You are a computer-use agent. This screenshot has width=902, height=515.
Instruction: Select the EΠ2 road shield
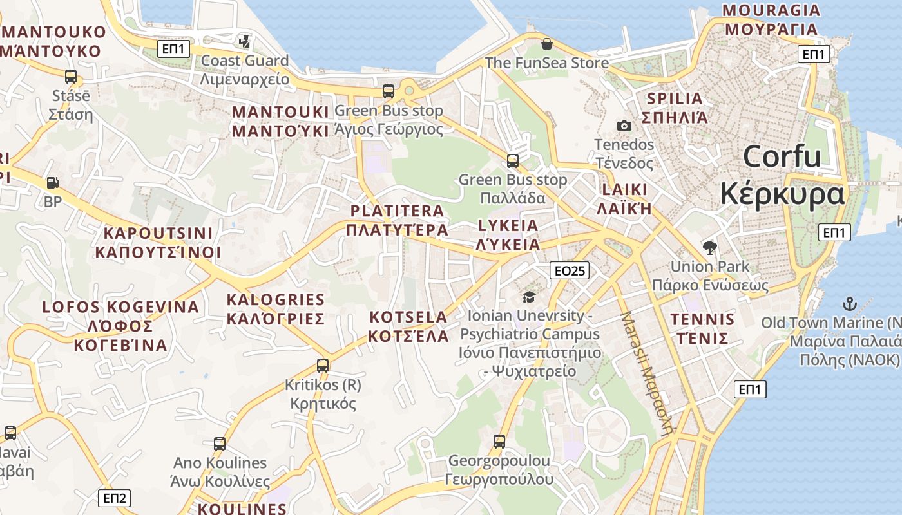115,498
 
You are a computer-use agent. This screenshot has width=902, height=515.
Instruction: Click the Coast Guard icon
245,42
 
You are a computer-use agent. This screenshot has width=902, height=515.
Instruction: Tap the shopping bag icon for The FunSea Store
546,44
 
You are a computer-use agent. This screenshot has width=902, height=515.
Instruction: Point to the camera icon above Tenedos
624,126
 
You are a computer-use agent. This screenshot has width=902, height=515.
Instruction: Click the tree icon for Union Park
710,247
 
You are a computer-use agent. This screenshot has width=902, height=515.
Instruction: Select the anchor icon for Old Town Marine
850,303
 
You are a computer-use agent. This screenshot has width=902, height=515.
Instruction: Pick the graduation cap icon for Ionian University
529,297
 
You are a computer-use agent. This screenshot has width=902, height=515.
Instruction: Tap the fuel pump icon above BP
52,183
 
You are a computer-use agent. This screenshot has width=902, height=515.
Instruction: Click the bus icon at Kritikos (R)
323,366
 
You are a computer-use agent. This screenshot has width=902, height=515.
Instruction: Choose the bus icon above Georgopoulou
499,442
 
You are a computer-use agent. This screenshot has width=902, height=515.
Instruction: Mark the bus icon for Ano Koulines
220,444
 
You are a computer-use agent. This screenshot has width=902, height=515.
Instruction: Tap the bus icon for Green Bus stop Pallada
513,160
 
